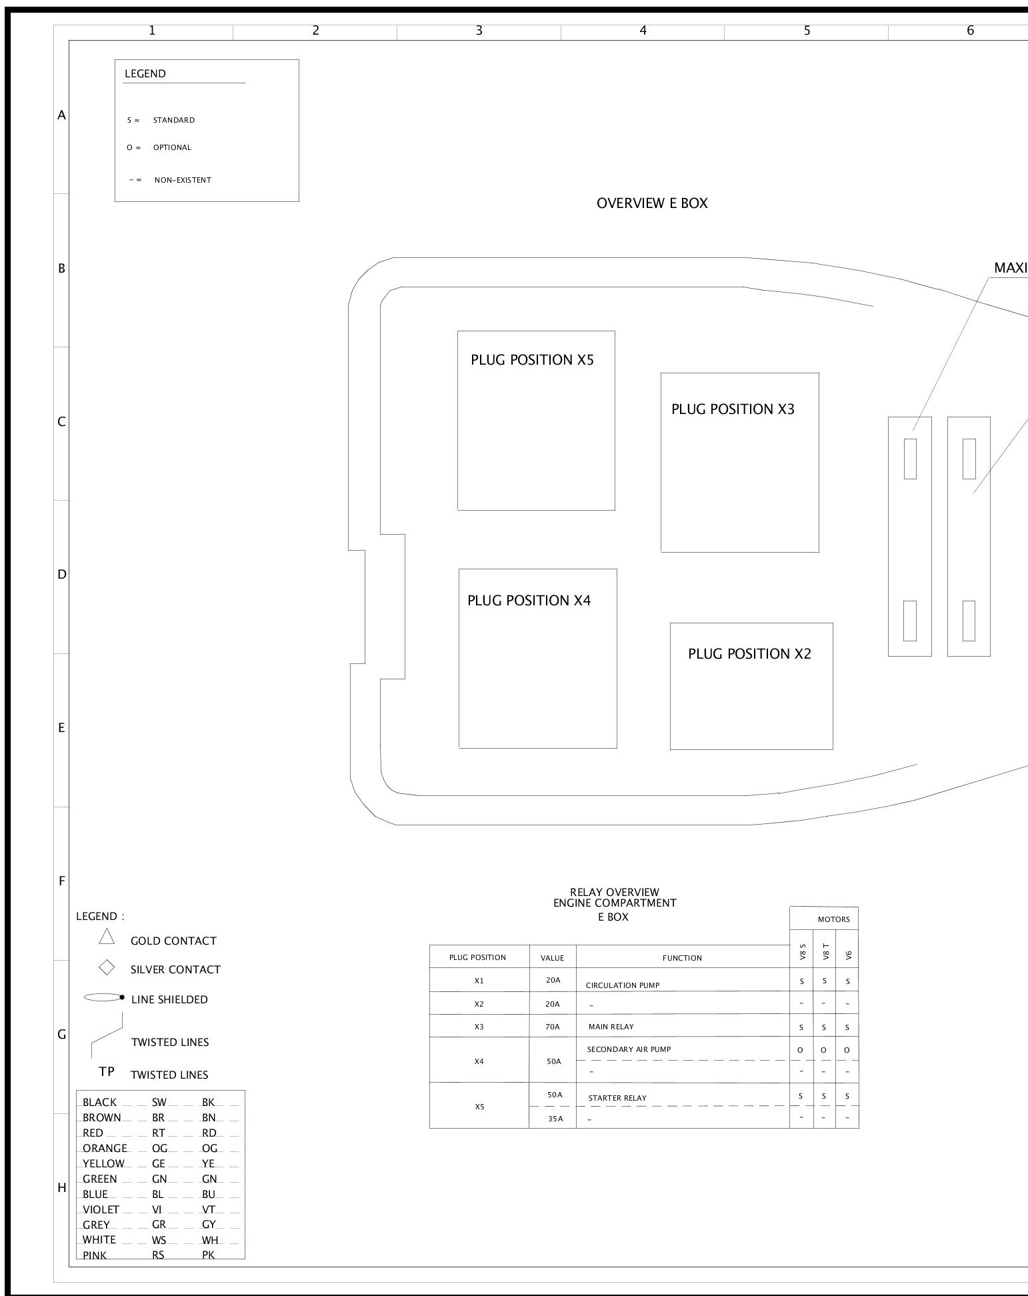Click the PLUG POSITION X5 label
click(531, 360)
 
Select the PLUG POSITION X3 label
click(733, 409)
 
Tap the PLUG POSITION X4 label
click(529, 600)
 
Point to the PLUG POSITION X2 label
click(749, 653)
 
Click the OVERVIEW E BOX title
click(652, 203)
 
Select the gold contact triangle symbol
click(107, 937)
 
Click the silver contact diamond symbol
click(107, 967)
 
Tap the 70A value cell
click(553, 1027)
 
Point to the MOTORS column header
click(833, 919)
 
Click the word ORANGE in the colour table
click(105, 1148)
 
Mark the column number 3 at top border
click(479, 31)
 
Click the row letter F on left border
click(61, 881)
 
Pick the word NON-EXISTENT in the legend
click(183, 180)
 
